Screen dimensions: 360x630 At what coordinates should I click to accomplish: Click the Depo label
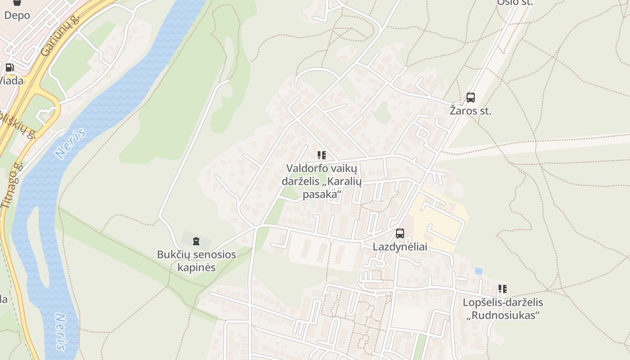(x=17, y=15)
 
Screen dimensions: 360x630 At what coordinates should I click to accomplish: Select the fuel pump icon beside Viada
(x=9, y=68)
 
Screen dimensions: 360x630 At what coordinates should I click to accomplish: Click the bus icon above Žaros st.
(x=470, y=98)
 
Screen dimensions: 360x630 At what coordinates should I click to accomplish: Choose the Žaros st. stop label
(x=470, y=111)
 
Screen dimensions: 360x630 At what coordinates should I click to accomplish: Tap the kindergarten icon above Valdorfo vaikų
(x=321, y=156)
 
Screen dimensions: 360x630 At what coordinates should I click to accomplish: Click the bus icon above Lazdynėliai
(x=400, y=234)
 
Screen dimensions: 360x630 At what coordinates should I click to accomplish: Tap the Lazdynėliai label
(x=400, y=247)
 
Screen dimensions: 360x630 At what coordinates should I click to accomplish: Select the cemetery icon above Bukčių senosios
(x=196, y=242)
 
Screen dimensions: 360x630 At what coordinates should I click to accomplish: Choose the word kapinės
(x=196, y=267)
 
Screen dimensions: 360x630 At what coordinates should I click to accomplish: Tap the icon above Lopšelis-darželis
(x=502, y=289)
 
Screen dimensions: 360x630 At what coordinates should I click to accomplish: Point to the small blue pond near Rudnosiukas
(x=479, y=271)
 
